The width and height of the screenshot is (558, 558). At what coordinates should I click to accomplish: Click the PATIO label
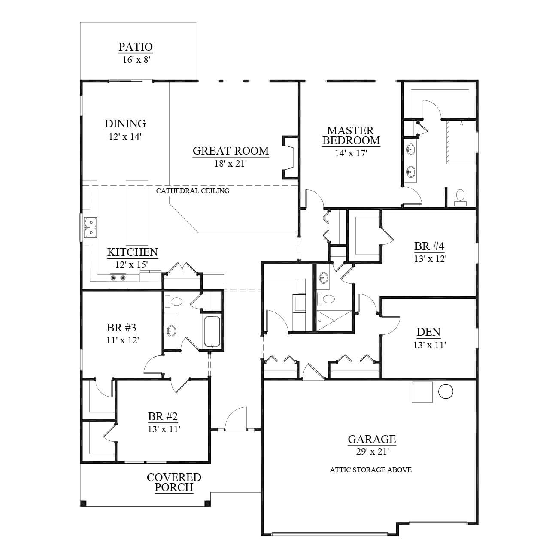[136, 47]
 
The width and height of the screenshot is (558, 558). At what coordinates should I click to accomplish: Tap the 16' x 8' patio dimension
[136, 60]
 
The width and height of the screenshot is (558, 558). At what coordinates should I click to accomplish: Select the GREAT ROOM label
[231, 151]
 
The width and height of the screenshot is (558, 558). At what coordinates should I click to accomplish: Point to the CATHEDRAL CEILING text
[193, 191]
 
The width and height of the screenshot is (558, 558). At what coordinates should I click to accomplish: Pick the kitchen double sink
[90, 227]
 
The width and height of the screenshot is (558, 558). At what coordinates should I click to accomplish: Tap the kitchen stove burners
[118, 278]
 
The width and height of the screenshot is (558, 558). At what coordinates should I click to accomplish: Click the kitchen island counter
[137, 212]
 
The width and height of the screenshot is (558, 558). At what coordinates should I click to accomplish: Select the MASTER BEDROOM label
[351, 136]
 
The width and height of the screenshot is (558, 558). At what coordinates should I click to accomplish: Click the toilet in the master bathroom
[460, 197]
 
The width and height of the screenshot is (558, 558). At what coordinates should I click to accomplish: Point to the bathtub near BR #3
[212, 331]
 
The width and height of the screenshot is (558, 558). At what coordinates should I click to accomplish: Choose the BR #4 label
[429, 246]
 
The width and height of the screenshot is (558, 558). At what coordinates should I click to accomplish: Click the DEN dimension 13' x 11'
[429, 345]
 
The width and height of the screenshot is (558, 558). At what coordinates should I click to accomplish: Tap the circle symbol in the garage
[446, 391]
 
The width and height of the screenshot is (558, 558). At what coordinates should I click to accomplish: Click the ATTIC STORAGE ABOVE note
[371, 470]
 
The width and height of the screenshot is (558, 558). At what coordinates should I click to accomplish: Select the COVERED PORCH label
[174, 482]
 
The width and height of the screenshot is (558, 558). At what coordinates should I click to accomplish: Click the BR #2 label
[163, 416]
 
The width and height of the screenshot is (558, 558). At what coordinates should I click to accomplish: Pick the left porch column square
[83, 504]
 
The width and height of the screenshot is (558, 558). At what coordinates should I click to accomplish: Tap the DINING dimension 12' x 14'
[125, 136]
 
